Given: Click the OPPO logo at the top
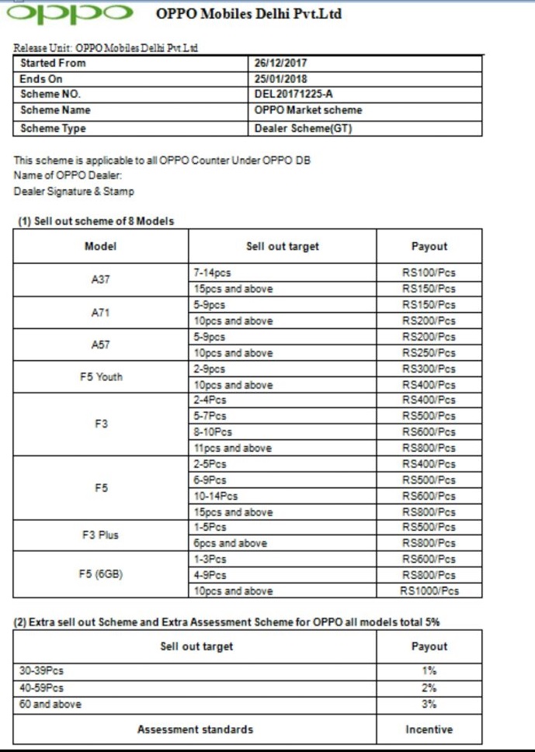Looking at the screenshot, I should tap(69, 14).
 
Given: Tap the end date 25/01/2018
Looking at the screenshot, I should tap(281, 79).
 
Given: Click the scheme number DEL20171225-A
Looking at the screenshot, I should tap(294, 95).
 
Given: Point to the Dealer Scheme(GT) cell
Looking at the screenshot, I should tap(303, 128).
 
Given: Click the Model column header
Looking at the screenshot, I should tap(100, 246).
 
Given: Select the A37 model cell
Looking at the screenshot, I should tap(100, 281).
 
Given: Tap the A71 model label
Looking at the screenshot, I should tap(100, 313).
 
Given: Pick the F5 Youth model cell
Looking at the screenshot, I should tap(101, 377).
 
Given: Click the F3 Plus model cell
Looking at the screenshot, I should tap(100, 535).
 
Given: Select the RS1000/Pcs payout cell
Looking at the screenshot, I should tap(429, 591).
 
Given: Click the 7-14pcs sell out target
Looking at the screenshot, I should tap(212, 273).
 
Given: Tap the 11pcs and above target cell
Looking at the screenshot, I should tap(232, 449).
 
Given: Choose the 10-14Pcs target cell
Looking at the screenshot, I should tap(215, 496).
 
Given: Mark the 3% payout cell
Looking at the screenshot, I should tap(429, 705).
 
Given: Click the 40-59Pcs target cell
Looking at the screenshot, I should tap(42, 688).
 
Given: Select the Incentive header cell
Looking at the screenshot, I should tap(429, 729).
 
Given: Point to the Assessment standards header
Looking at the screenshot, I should tap(195, 729).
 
